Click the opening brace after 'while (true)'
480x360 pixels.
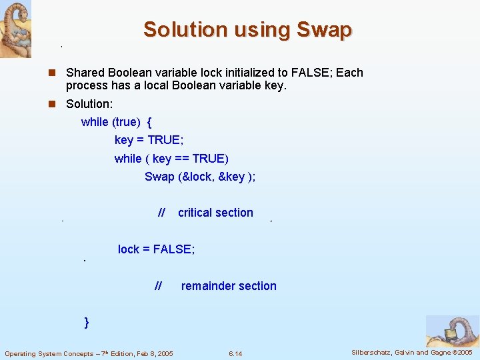pos(149,122)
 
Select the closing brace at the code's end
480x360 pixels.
pos(87,323)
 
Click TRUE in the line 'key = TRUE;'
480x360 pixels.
pos(163,140)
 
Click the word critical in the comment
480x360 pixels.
pos(194,213)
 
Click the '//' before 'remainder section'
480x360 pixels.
pos(158,286)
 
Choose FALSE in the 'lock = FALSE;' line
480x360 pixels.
pos(172,249)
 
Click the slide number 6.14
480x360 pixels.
pos(235,353)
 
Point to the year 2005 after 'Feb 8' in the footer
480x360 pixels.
pos(162,353)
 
